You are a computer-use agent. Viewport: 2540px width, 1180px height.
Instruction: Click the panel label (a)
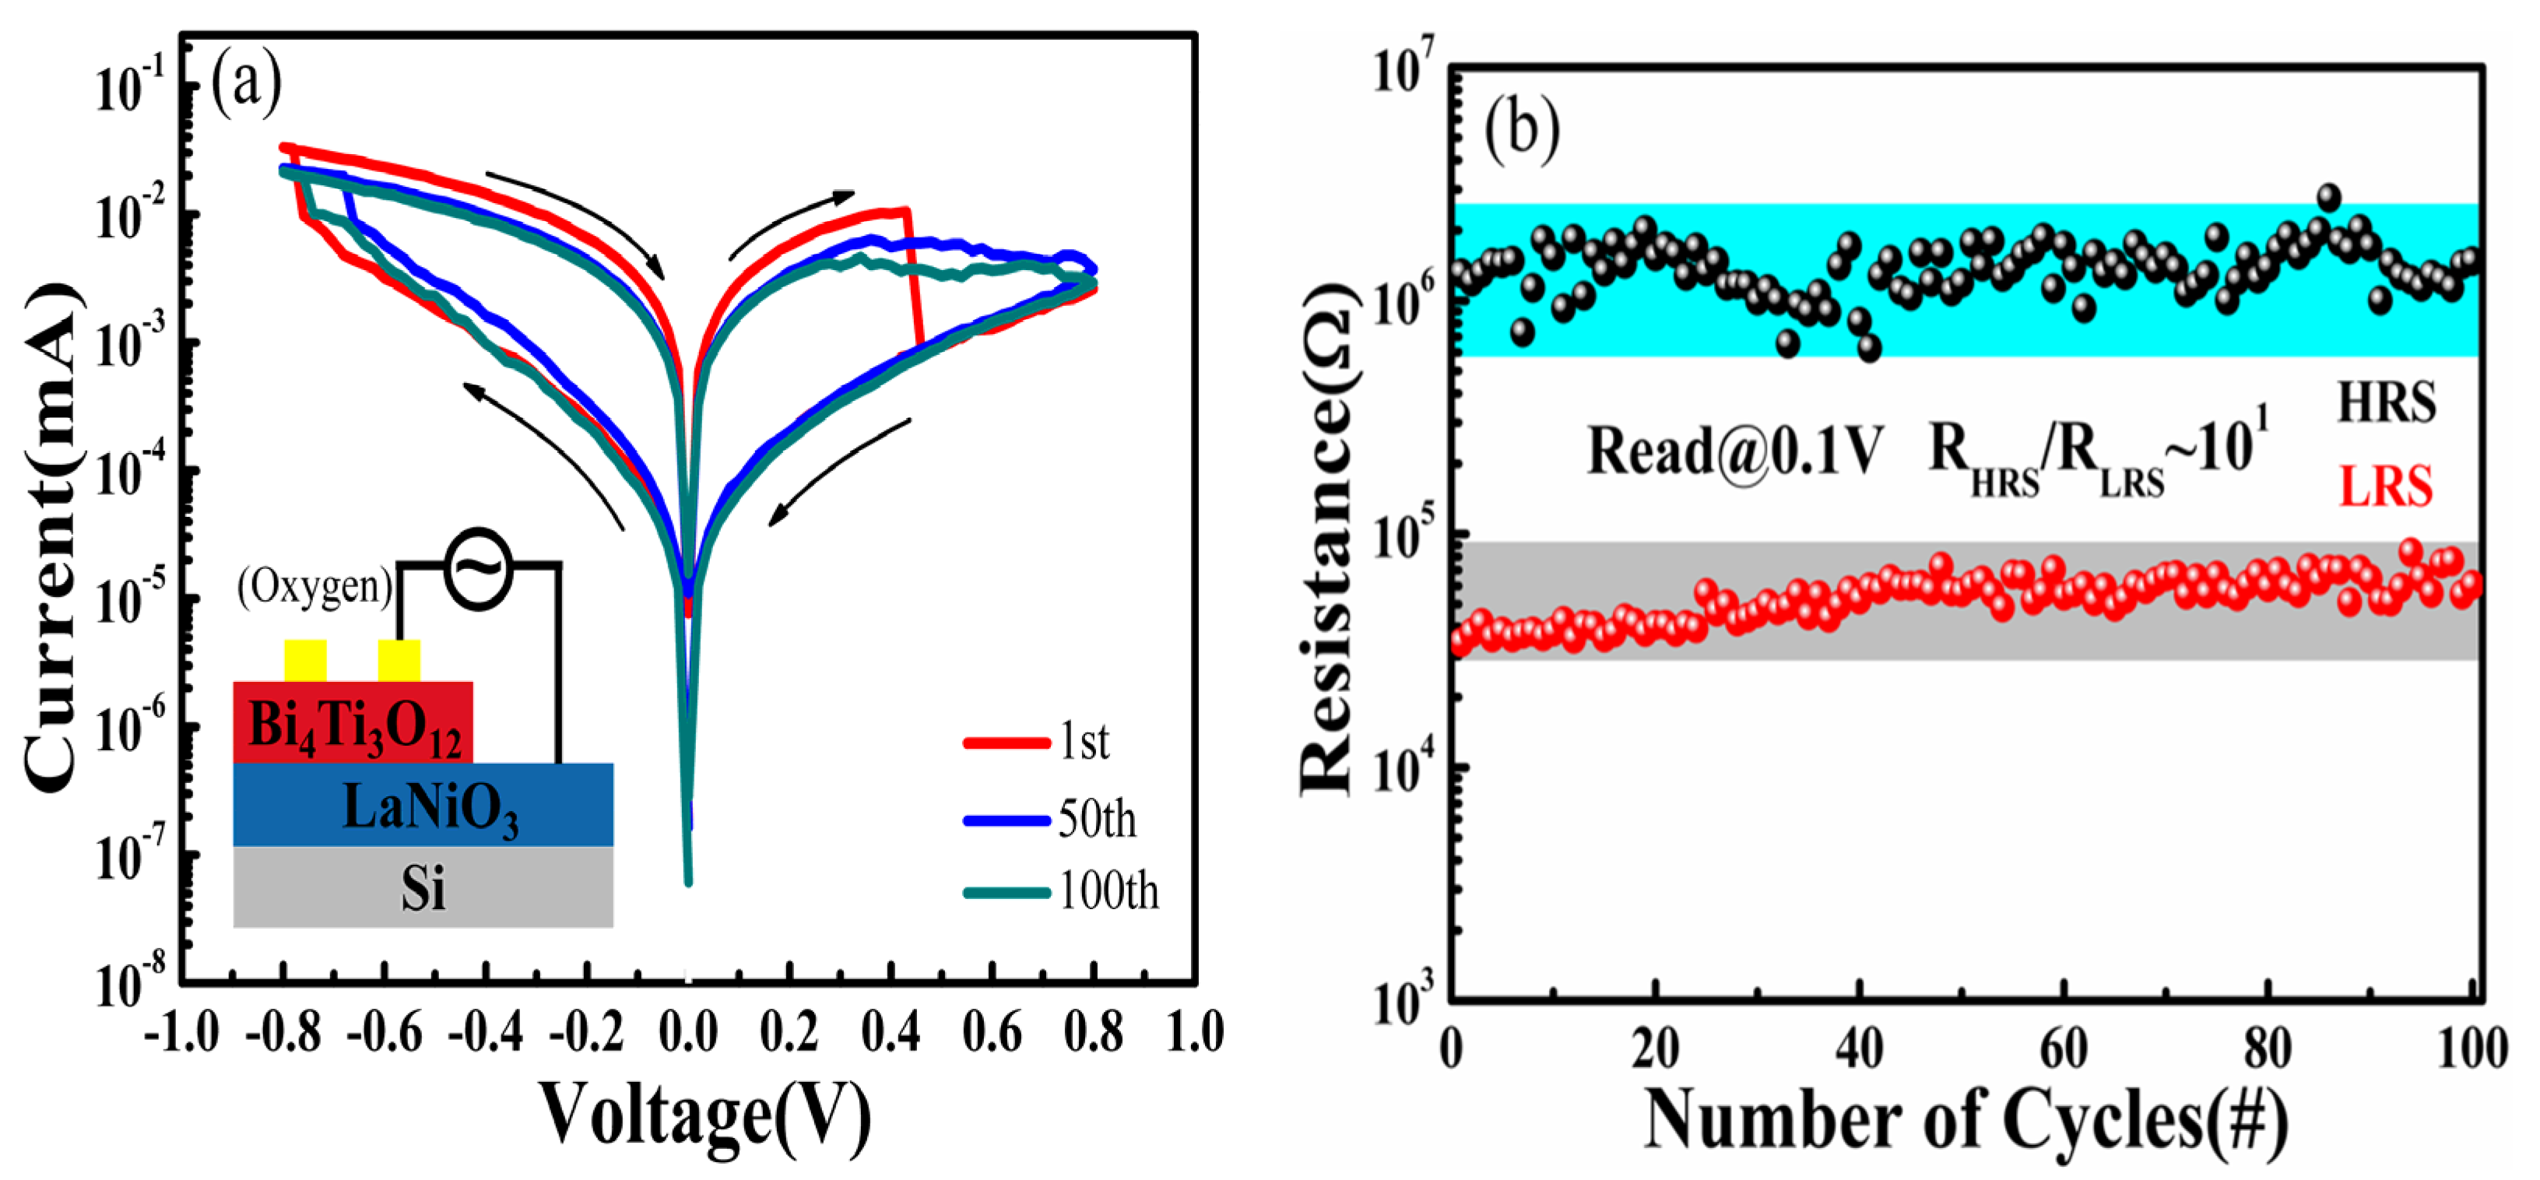coord(247,84)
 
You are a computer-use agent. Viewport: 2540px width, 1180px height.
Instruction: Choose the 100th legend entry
coord(1107,892)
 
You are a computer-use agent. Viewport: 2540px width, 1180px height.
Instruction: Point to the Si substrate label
coord(422,888)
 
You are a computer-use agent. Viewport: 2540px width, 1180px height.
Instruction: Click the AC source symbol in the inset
coord(478,569)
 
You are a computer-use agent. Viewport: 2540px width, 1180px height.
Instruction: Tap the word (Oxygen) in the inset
coord(314,587)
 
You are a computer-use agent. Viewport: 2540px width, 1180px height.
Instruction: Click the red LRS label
coord(2386,486)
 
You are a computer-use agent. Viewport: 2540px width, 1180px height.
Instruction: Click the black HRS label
coord(2386,402)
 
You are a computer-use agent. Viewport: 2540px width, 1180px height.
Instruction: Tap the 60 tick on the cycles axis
coord(2064,1048)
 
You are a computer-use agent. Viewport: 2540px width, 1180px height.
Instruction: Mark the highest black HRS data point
coord(2329,197)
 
